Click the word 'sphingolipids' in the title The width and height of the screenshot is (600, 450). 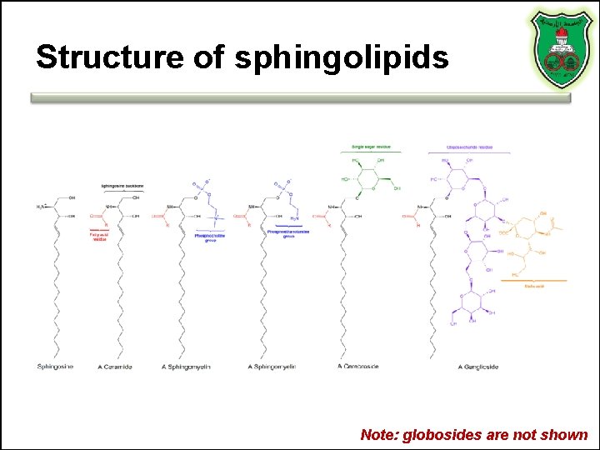342,57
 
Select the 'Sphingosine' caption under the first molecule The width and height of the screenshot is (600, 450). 55,366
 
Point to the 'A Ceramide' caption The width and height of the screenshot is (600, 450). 115,366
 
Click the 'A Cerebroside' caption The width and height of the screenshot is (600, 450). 358,366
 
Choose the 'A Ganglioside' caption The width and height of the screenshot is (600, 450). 478,366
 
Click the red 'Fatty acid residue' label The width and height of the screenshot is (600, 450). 99,237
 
